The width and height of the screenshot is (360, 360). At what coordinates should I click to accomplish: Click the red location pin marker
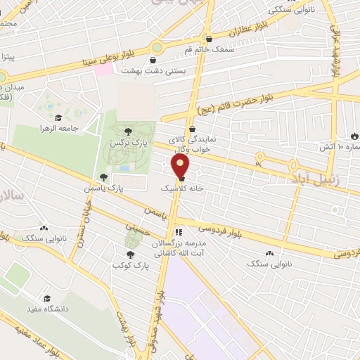coord(181,167)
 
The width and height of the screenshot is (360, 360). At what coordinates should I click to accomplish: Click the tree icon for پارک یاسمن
coord(104,177)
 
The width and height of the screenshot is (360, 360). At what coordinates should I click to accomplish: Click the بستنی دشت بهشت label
coord(146,71)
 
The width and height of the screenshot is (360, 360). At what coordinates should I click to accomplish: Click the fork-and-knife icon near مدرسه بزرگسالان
coord(179,231)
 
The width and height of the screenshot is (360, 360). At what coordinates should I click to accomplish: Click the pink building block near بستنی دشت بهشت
coord(103,70)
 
